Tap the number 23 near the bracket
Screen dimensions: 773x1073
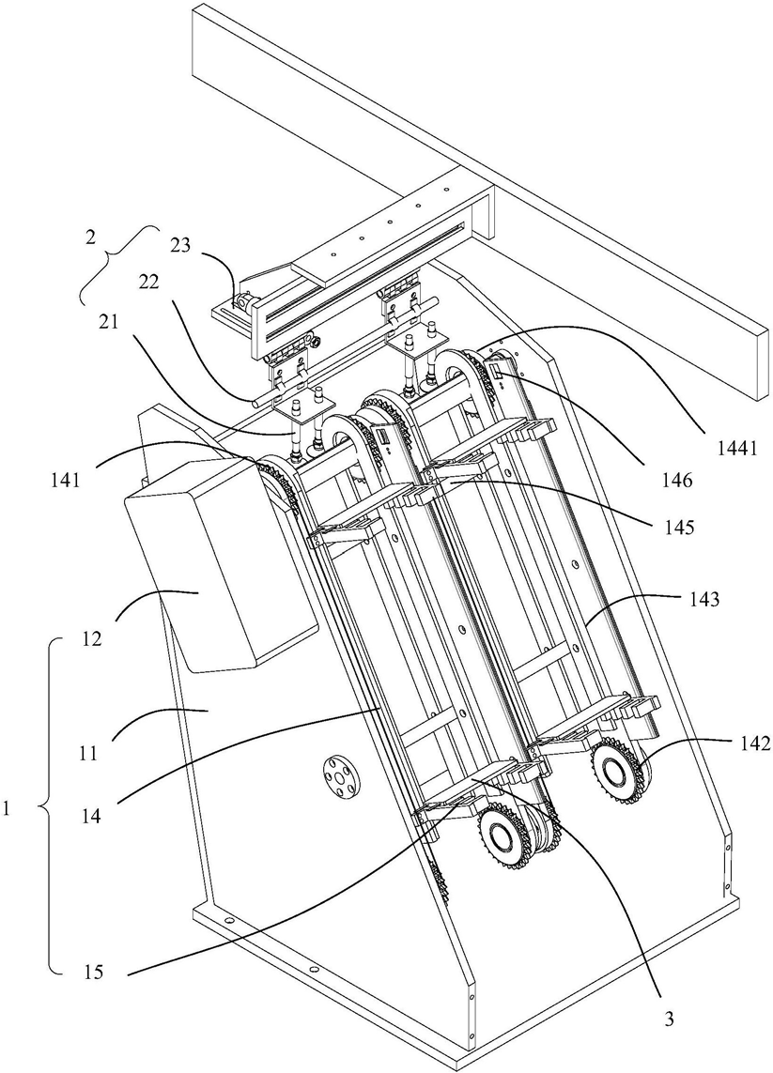(180, 244)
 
